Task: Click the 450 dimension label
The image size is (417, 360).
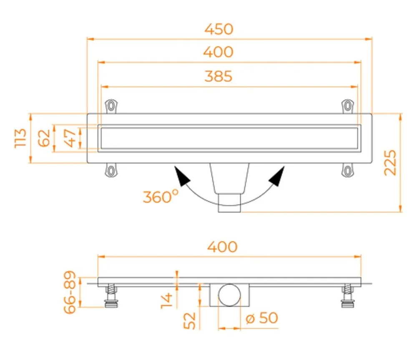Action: [219, 29]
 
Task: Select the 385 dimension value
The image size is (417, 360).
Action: [219, 76]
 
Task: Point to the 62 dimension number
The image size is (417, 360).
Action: [44, 138]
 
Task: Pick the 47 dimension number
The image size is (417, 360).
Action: [70, 138]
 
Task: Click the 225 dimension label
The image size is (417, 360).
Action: [390, 163]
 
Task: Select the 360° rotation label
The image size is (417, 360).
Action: [161, 196]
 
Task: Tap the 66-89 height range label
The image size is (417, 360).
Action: [70, 292]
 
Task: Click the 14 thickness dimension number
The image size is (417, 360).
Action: [167, 300]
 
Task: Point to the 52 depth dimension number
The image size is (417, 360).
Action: [190, 321]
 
